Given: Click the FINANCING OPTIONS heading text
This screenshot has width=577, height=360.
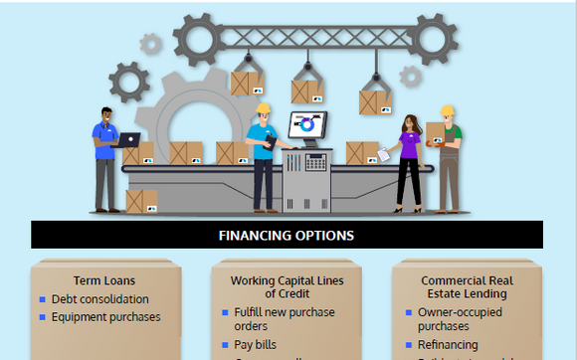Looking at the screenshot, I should (287, 236).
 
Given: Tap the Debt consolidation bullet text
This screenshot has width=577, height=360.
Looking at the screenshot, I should (100, 298).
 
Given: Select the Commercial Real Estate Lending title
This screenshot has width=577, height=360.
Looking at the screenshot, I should (464, 286).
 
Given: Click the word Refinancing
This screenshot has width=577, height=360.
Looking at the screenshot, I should (448, 345).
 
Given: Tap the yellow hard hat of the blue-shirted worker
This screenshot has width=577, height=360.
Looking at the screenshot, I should (263, 108).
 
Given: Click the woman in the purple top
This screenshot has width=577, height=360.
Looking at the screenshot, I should (408, 159).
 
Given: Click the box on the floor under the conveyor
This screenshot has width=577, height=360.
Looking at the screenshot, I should (141, 201).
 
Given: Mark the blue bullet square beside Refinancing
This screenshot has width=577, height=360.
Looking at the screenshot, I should (409, 345).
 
